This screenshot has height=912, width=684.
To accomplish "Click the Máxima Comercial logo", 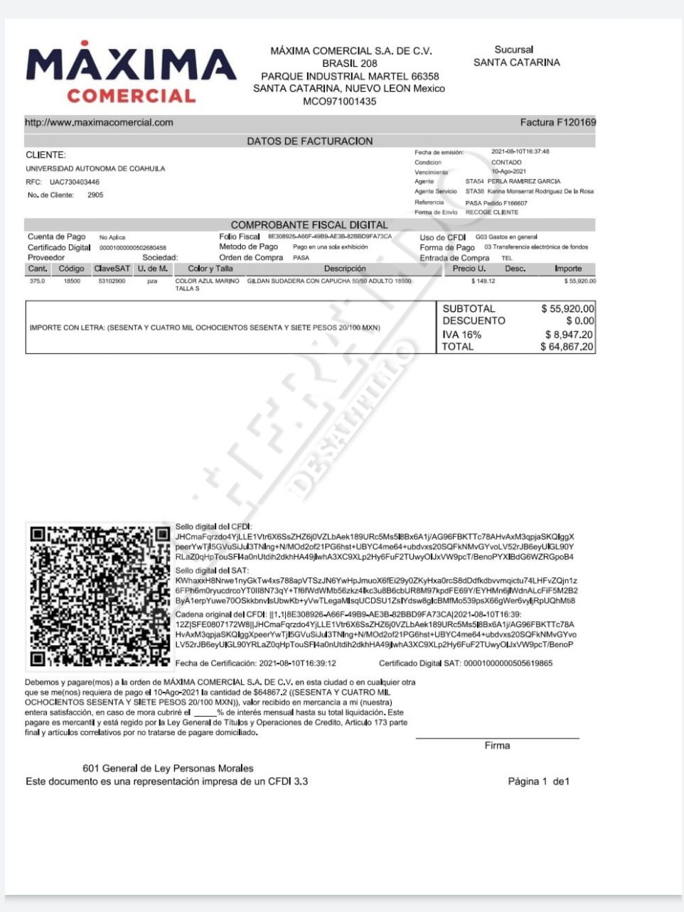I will tap(131, 73).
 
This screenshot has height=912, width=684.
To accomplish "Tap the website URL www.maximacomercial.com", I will tap(99, 122).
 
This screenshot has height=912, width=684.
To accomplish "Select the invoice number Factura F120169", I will tap(557, 122).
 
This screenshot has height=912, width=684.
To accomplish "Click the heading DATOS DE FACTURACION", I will tap(309, 141).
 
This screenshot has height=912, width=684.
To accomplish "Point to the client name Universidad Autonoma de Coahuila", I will tap(95, 169).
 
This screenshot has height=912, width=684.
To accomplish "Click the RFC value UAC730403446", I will tap(74, 183).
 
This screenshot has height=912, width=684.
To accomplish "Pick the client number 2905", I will tap(95, 195).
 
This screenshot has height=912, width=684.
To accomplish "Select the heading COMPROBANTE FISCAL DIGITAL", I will tap(309, 225).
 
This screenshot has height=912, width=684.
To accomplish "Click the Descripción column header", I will tap(345, 269).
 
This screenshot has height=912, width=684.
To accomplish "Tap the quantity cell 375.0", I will tap(37, 281).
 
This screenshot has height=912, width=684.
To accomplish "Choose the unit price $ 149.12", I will tap(483, 281).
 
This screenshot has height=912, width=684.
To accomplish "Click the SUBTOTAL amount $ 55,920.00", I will tap(567, 309).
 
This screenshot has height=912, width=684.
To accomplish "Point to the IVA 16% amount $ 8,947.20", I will tap(569, 335).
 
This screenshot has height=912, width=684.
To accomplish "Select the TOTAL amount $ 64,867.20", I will tap(567, 347).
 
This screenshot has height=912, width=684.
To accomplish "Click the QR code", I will tap(99, 597).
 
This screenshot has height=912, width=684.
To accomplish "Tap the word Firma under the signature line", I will tap(497, 746).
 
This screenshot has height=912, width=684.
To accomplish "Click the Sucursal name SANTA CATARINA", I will tap(516, 63).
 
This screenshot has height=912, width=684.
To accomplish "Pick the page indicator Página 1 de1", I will tap(538, 781).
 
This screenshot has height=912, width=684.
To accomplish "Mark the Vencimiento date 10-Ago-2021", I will tap(508, 172).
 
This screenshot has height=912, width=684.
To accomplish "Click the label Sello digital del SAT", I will tap(211, 571).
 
